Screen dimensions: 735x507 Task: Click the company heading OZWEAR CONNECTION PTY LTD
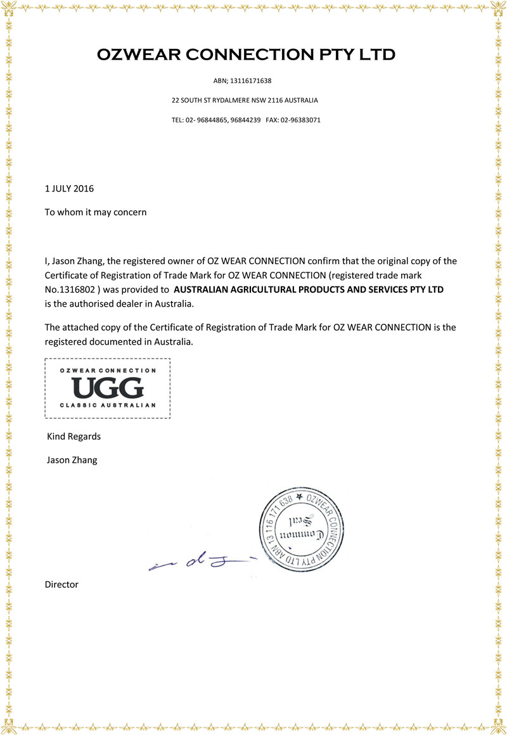point(247,55)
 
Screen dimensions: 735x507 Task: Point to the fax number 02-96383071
point(302,119)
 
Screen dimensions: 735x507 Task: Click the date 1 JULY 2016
point(69,188)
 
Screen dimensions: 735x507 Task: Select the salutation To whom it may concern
point(95,212)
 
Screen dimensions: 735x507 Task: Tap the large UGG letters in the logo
point(108,387)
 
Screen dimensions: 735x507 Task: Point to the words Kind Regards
point(74,437)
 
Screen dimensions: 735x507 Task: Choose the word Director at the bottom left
point(61,584)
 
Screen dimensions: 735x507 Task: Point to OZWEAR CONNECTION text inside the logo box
point(108,370)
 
